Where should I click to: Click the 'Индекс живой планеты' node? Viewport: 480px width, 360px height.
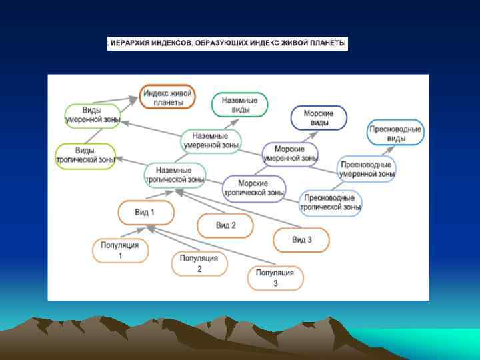click(x=167, y=97)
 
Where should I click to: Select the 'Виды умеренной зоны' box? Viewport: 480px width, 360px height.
click(x=92, y=115)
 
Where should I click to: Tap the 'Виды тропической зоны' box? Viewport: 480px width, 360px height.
click(x=85, y=155)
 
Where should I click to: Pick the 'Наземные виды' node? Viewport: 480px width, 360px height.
click(x=239, y=104)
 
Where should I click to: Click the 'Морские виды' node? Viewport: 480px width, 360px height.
click(x=319, y=118)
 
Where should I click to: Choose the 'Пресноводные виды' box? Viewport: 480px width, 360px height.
click(x=396, y=133)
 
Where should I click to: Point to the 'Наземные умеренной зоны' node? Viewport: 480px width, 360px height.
click(x=211, y=141)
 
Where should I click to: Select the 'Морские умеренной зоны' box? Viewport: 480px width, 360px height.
click(x=290, y=154)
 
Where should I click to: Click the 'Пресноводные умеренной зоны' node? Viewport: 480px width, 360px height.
click(x=367, y=169)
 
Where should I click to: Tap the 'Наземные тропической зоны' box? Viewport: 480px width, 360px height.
click(x=175, y=175)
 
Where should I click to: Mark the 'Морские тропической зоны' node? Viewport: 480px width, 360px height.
click(x=253, y=188)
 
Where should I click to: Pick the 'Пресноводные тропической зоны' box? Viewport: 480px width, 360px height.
click(x=331, y=203)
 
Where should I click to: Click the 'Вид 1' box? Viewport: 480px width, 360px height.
click(x=145, y=213)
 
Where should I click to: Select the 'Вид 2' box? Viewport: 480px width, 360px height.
click(x=225, y=226)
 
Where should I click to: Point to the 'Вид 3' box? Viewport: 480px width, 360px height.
click(x=301, y=239)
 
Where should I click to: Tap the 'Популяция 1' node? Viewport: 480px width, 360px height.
click(x=120, y=250)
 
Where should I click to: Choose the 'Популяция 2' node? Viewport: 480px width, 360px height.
click(x=199, y=263)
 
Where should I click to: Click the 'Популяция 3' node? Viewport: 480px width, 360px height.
click(x=275, y=278)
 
